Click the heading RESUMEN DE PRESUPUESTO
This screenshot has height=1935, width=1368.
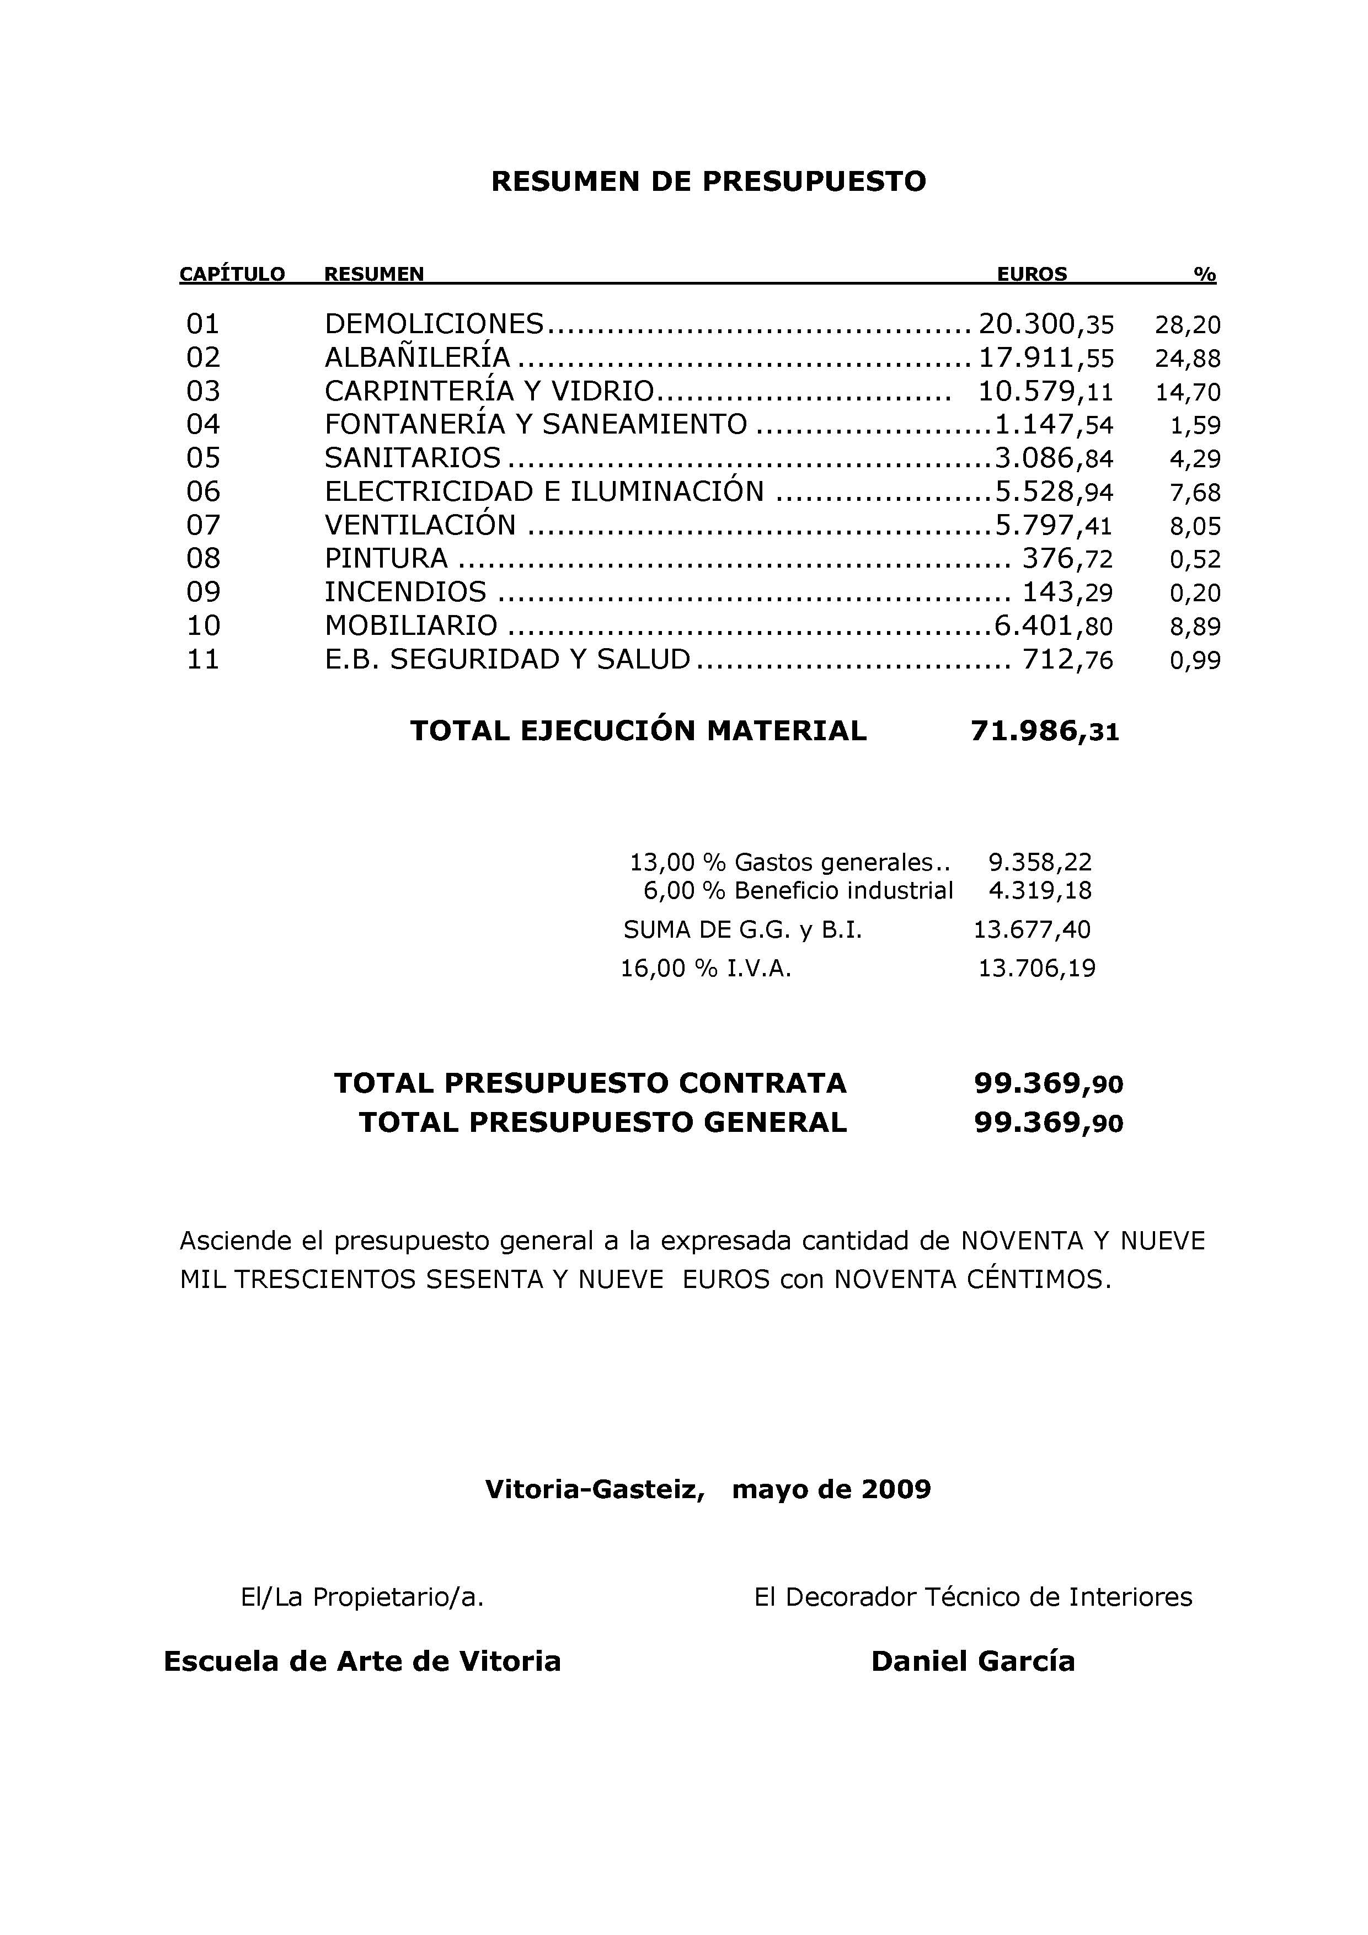(x=708, y=181)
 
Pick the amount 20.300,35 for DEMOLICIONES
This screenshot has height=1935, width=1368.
(x=1045, y=324)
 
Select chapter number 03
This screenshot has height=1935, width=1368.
(x=203, y=391)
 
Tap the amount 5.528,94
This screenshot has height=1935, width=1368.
(x=1054, y=491)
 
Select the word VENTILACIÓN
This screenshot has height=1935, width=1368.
(x=420, y=525)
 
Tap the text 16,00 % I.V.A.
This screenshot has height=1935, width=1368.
(x=706, y=969)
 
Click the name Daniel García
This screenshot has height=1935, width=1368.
(x=972, y=1661)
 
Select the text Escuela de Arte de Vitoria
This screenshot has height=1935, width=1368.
(x=362, y=1661)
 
